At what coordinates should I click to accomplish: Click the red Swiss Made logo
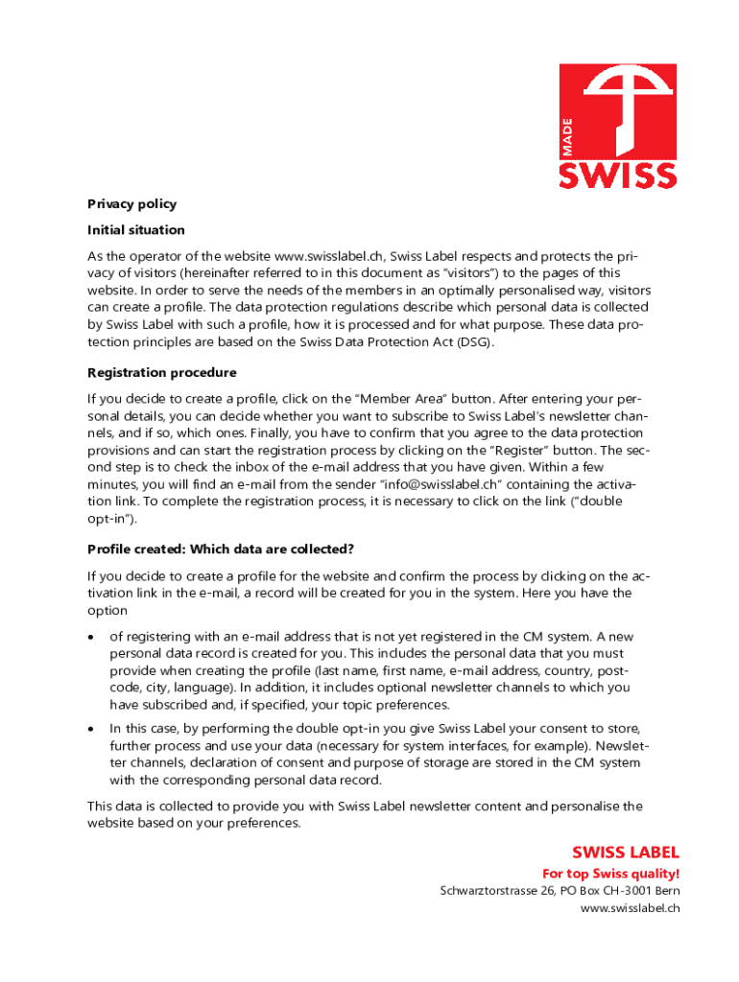click(618, 126)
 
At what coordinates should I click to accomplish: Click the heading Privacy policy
click(131, 203)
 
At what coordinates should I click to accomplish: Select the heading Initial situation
click(135, 230)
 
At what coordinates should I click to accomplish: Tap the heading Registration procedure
click(161, 372)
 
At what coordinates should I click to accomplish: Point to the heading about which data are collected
click(221, 549)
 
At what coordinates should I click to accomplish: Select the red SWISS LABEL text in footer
click(626, 852)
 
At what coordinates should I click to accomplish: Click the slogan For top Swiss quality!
click(610, 874)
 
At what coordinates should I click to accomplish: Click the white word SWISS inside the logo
click(618, 174)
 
